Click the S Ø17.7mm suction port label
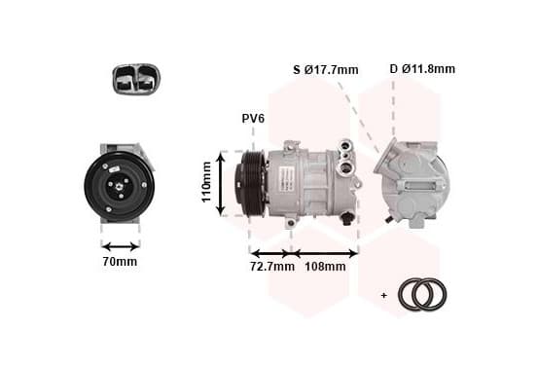326,69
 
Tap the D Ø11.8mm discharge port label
422,69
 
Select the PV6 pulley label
253,119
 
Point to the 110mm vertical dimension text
206,182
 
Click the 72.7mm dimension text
272,267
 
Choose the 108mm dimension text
325,267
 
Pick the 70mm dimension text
120,262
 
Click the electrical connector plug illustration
136,79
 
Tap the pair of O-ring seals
422,295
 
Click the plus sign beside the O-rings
384,295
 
